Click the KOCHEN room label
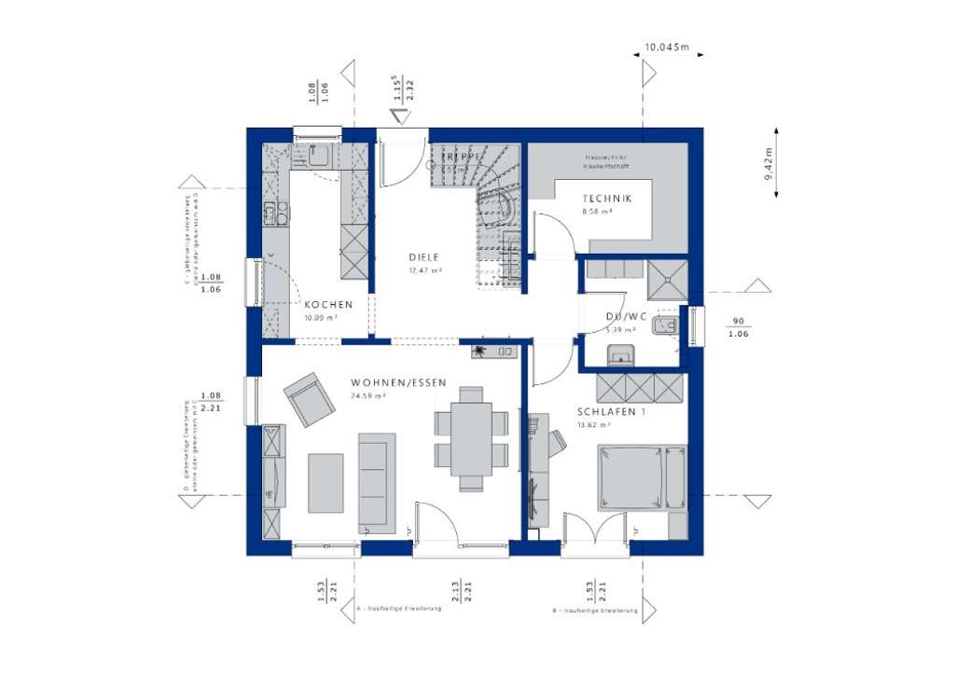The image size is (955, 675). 327,305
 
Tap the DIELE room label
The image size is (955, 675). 423,257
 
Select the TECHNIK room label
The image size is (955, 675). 607,199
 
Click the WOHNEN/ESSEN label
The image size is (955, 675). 398,382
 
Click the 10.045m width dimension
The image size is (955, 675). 666,46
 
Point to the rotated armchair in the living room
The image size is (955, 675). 310,399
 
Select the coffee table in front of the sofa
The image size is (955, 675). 325,482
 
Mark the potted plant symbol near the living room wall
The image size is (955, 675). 479,351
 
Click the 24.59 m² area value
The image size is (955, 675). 370,395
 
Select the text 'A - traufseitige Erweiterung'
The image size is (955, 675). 393,612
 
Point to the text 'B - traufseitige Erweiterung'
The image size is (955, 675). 594,612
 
